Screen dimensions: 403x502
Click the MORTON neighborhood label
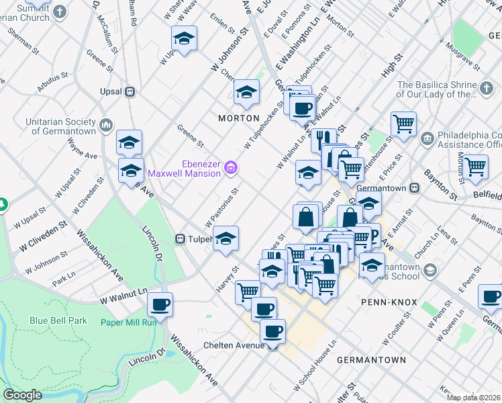pyautogui.click(x=238, y=118)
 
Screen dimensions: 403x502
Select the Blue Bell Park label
pyautogui.click(x=58, y=320)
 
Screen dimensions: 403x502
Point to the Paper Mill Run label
pyautogui.click(x=128, y=322)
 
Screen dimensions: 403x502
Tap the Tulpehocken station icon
pyautogui.click(x=181, y=238)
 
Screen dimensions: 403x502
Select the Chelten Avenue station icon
pyautogui.click(x=272, y=346)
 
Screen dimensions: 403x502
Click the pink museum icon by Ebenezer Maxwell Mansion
pyautogui.click(x=230, y=167)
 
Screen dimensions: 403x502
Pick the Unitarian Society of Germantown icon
pyautogui.click(x=106, y=125)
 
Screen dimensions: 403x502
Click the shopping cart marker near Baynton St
pyautogui.click(x=475, y=166)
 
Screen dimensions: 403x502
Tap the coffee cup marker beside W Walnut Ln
pyautogui.click(x=160, y=304)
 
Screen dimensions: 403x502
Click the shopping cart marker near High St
pyautogui.click(x=403, y=123)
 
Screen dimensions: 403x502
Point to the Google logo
pyautogui.click(x=22, y=395)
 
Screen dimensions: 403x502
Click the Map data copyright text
pyautogui.click(x=473, y=398)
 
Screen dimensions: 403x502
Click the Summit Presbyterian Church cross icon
pyautogui.click(x=60, y=11)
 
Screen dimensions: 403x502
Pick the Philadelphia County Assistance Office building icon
pyautogui.click(x=427, y=138)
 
